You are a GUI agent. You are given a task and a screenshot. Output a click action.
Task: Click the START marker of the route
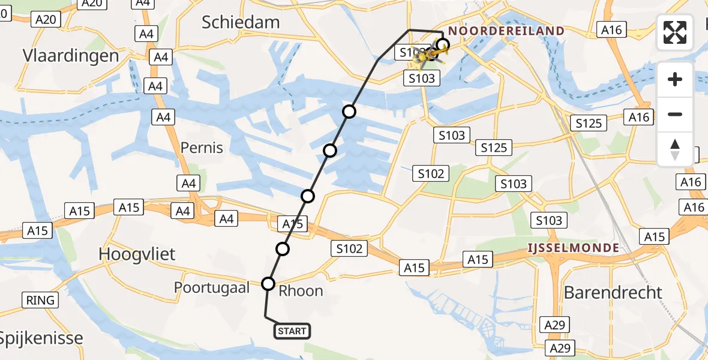pyautogui.click(x=292, y=331)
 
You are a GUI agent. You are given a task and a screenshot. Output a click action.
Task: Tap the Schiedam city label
pyautogui.click(x=241, y=23)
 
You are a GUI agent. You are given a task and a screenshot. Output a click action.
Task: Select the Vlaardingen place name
pyautogui.click(x=71, y=56)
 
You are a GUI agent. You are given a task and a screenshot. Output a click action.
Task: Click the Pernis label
pyautogui.click(x=202, y=148)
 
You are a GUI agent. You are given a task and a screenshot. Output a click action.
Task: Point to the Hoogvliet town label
pyautogui.click(x=137, y=254)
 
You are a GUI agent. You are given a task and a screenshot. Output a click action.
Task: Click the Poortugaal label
pyautogui.click(x=212, y=287)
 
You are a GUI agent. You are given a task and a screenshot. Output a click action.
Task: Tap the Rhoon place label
pyautogui.click(x=301, y=291)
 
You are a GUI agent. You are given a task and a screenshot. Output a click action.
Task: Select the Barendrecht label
pyautogui.click(x=613, y=292)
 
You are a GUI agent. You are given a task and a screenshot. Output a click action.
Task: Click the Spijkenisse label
pyautogui.click(x=41, y=338)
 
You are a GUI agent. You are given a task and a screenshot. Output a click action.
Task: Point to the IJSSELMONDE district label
pyautogui.click(x=573, y=247)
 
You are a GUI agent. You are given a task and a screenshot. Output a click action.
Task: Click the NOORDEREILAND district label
pyautogui.click(x=506, y=31)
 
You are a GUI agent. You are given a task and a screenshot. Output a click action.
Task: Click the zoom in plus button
pyautogui.click(x=675, y=79)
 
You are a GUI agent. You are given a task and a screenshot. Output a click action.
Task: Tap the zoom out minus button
pyautogui.click(x=675, y=114)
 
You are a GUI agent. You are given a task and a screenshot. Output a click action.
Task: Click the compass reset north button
pyautogui.click(x=675, y=149)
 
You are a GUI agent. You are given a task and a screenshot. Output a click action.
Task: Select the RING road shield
pyautogui.click(x=41, y=300)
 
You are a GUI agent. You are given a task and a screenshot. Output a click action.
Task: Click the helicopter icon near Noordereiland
pyautogui.click(x=430, y=56)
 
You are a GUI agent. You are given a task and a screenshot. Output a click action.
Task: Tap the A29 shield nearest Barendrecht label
pyautogui.click(x=554, y=325)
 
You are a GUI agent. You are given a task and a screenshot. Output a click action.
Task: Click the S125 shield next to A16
pyautogui.click(x=589, y=124)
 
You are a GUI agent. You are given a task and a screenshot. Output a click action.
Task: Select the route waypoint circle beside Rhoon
pyautogui.click(x=268, y=283)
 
